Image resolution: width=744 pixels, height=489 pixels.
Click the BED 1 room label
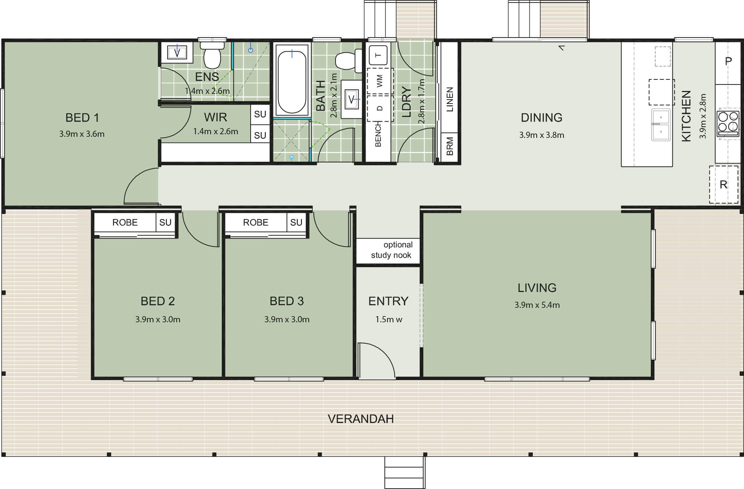click(x=82, y=118)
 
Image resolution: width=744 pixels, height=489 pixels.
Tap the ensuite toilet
click(x=212, y=55)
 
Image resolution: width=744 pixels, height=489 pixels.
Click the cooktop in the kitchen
click(x=728, y=123)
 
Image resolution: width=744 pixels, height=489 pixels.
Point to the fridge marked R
click(x=724, y=184)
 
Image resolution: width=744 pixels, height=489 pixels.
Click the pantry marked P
click(x=728, y=62)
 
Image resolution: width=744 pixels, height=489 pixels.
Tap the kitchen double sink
click(x=661, y=125)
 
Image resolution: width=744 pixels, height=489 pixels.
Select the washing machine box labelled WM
click(x=380, y=81)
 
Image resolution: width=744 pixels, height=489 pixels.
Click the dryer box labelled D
click(x=380, y=108)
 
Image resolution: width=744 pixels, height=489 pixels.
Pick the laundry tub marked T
click(x=378, y=55)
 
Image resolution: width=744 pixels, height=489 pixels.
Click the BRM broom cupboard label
click(x=450, y=146)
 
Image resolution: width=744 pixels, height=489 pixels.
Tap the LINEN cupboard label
click(x=450, y=99)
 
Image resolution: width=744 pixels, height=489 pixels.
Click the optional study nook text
click(x=392, y=250)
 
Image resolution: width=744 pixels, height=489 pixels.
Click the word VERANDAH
click(x=360, y=419)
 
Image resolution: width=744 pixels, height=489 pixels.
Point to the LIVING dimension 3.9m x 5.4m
click(x=537, y=305)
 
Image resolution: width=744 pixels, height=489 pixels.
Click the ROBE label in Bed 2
click(x=125, y=222)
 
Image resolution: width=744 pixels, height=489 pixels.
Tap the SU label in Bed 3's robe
click(x=296, y=222)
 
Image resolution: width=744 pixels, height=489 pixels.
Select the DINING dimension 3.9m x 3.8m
click(x=541, y=135)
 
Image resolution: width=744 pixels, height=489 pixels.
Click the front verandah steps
click(x=405, y=472)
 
